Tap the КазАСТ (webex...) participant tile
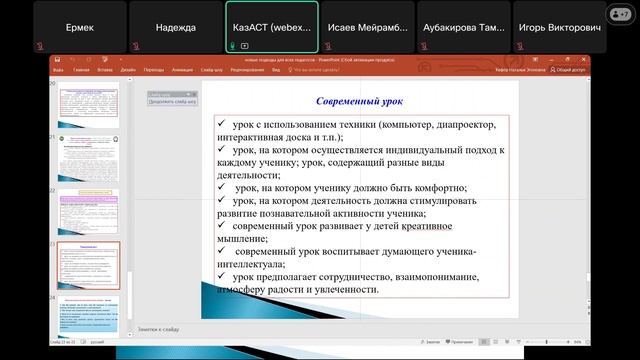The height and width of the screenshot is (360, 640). click(271, 27)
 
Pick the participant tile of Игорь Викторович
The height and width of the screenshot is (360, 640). click(559, 27)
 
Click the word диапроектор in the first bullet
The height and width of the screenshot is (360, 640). click(459, 123)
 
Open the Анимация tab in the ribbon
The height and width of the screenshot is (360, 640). click(183, 70)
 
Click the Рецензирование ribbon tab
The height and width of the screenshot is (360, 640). click(247, 70)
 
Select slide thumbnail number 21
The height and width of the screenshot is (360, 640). click(88, 155)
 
